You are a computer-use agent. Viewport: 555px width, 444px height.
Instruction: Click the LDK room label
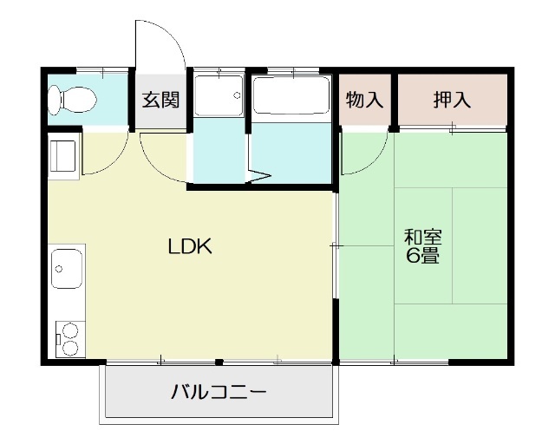190,246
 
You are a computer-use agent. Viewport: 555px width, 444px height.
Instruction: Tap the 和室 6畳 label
422,245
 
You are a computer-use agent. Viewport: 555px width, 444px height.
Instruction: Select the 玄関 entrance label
160,99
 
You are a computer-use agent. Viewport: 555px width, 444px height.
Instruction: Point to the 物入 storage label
364,99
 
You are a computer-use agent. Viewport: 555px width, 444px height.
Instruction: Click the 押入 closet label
452,99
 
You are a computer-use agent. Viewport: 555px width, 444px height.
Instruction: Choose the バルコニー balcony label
218,391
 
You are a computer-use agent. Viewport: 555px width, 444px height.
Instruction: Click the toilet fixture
71,100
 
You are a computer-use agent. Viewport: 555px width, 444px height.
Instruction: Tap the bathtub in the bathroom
290,98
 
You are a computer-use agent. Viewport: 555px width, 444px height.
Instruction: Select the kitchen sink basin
67,270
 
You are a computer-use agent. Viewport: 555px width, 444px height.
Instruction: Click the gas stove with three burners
67,338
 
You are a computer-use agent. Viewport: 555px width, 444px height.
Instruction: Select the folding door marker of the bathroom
258,178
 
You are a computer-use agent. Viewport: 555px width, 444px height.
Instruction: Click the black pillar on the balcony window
219,362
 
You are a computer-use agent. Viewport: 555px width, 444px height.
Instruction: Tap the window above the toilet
88,69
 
